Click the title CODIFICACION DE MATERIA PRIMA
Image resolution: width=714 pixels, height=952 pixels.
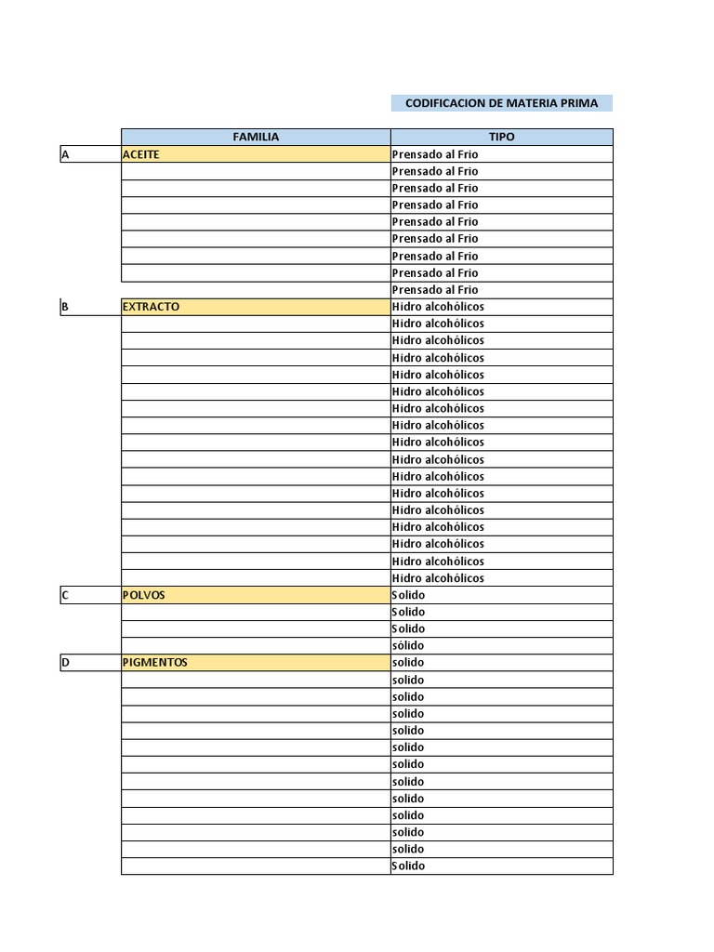pyautogui.click(x=501, y=103)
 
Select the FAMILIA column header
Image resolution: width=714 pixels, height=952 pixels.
pyautogui.click(x=256, y=137)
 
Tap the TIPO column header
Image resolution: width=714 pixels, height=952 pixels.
pyautogui.click(x=501, y=137)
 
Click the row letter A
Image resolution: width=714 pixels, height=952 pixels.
pyautogui.click(x=65, y=154)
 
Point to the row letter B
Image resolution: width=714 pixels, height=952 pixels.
pyautogui.click(x=65, y=307)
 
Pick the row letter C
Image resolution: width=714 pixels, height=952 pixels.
pyautogui.click(x=65, y=595)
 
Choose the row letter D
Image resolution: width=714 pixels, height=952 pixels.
pyautogui.click(x=65, y=663)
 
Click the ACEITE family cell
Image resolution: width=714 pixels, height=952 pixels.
pyautogui.click(x=141, y=154)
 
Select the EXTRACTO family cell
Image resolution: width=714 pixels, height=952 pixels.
pyautogui.click(x=151, y=307)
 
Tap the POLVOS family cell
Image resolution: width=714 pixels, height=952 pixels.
pyautogui.click(x=144, y=595)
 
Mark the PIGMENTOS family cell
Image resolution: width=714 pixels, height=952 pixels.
pyautogui.click(x=155, y=663)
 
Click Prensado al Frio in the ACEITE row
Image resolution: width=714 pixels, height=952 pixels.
pyautogui.click(x=435, y=154)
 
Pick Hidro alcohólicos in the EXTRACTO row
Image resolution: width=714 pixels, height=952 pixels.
pyautogui.click(x=438, y=307)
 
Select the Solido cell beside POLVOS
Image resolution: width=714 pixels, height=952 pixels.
pyautogui.click(x=408, y=595)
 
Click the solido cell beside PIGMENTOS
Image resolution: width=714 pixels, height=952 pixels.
pyautogui.click(x=408, y=663)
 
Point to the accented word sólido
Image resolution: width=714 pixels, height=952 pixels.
pyautogui.click(x=408, y=646)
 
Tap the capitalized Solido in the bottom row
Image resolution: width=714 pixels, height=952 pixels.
pyautogui.click(x=408, y=866)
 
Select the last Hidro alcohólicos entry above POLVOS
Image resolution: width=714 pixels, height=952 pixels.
pyautogui.click(x=438, y=578)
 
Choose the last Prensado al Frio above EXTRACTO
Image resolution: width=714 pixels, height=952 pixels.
pyautogui.click(x=435, y=290)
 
